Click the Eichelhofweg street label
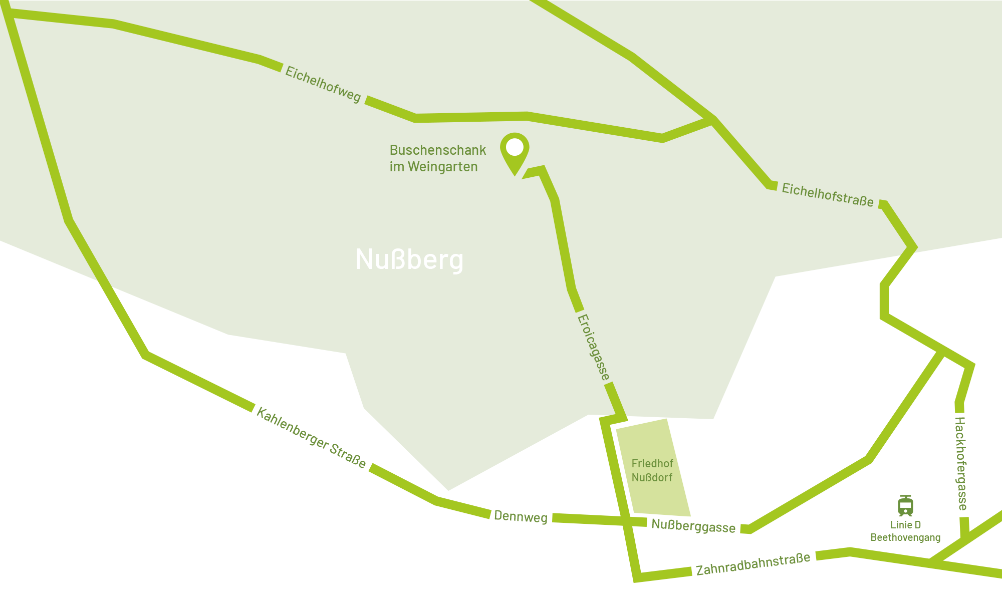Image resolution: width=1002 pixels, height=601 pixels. pos(323,84)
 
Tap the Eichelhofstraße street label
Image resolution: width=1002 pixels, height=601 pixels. pos(828,195)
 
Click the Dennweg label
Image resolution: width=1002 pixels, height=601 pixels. pos(521,516)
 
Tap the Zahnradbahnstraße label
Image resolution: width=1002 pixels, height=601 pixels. pos(753,564)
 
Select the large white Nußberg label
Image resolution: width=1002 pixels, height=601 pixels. pos(409,259)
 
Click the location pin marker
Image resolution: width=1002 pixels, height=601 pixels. pos(515,153)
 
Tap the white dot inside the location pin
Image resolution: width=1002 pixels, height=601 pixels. pos(515,147)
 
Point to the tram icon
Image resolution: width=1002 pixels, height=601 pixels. pos(905,506)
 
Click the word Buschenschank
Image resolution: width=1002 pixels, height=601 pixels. pos(438,150)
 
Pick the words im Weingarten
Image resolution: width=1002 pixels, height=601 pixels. pos(434,167)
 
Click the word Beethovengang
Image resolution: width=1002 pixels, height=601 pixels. pos(905,537)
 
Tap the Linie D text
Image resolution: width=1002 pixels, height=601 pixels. pos(905,525)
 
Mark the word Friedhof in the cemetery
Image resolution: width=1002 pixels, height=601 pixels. pos(652,464)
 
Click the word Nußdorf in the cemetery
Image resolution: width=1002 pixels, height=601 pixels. pos(652,478)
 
